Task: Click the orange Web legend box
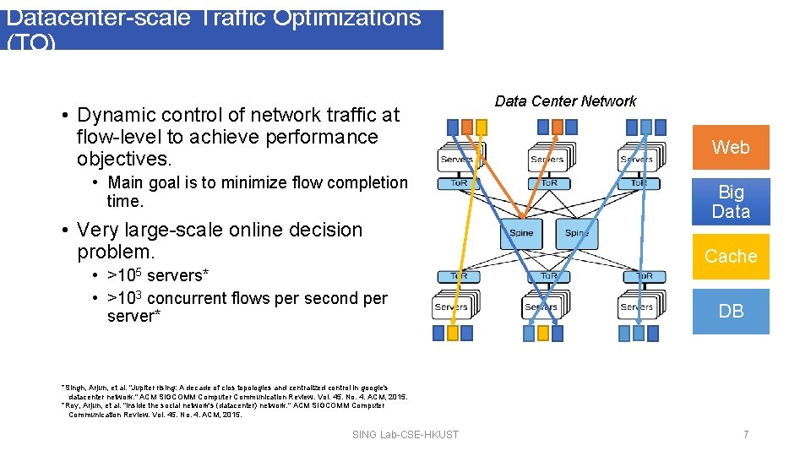[731, 147]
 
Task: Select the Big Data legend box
[731, 202]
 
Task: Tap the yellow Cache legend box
[731, 256]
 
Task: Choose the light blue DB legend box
[731, 311]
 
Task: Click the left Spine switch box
[521, 233]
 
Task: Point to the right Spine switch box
[577, 233]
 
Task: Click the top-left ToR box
[457, 183]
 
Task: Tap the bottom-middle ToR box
[549, 277]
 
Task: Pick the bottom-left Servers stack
[453, 306]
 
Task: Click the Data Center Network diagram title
[565, 101]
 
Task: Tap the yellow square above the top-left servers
[482, 128]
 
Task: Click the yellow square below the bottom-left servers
[453, 334]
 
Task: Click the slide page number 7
[746, 434]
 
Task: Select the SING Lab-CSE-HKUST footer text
[405, 434]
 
